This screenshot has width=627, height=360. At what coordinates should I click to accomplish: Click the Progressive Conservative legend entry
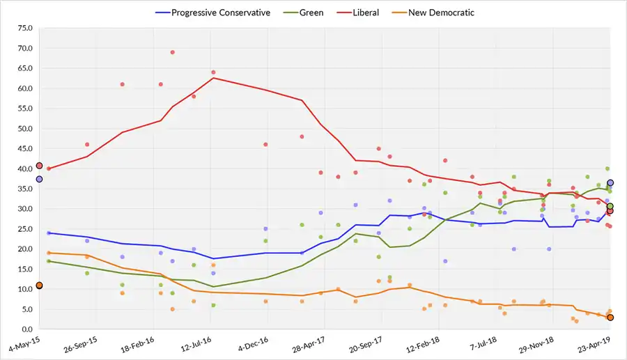pyautogui.click(x=220, y=13)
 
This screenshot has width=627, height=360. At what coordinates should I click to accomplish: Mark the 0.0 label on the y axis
pyautogui.click(x=26, y=329)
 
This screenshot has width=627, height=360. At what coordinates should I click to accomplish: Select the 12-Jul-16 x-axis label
pyautogui.click(x=196, y=344)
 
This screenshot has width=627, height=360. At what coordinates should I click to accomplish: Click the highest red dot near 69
pyautogui.click(x=172, y=52)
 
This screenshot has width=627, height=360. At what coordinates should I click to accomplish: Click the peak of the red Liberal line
pyautogui.click(x=213, y=78)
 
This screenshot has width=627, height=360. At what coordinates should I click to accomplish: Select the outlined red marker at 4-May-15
pyautogui.click(x=40, y=166)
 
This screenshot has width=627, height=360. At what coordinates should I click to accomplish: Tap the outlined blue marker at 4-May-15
pyautogui.click(x=40, y=179)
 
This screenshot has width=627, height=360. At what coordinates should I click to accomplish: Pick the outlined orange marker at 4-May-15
pyautogui.click(x=40, y=285)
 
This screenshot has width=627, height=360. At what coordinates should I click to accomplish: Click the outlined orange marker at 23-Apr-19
pyautogui.click(x=610, y=318)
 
